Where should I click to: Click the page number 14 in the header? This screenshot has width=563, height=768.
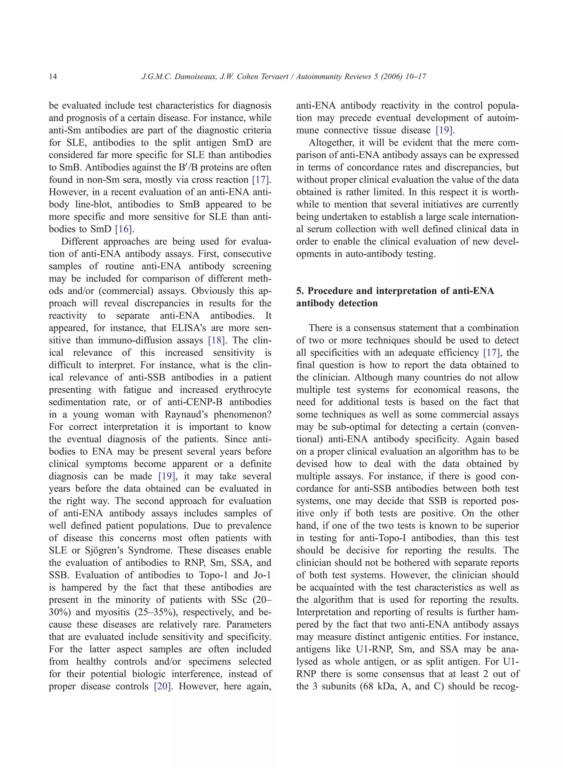pyautogui.click(x=53, y=77)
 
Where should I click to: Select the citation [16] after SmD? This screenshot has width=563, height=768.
pyautogui.click(x=123, y=229)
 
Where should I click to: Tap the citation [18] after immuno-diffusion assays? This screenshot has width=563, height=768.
pyautogui.click(x=216, y=340)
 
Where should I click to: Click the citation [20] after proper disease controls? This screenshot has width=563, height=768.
pyautogui.click(x=162, y=686)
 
